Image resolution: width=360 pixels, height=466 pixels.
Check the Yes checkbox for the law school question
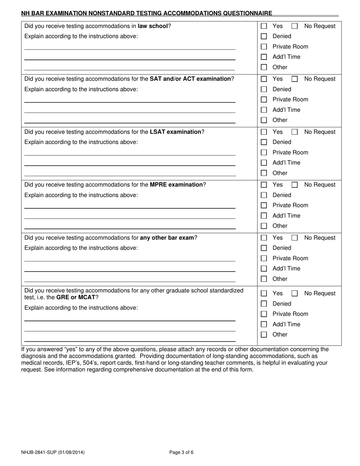(x=264, y=26)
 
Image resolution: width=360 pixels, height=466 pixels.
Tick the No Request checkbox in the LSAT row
(x=294, y=132)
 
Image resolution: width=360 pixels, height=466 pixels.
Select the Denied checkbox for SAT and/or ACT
(x=264, y=89)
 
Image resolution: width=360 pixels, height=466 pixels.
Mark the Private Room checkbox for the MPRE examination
(x=264, y=205)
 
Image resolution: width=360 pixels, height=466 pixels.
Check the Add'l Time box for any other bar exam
(x=264, y=269)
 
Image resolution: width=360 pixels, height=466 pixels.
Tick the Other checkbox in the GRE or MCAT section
(x=264, y=335)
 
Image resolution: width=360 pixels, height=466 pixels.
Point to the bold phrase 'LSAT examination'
(x=175, y=132)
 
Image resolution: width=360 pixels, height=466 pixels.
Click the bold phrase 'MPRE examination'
(x=176, y=185)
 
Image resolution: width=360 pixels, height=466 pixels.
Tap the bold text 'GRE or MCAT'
(x=76, y=297)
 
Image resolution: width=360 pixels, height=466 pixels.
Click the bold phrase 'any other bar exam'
(x=167, y=238)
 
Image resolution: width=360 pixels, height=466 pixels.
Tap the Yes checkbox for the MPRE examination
(x=264, y=185)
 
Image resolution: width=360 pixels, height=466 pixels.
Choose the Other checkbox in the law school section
(x=264, y=67)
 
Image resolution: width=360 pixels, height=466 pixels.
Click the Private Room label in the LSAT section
(x=290, y=152)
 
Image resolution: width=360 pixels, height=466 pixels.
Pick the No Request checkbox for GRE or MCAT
(x=294, y=293)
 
